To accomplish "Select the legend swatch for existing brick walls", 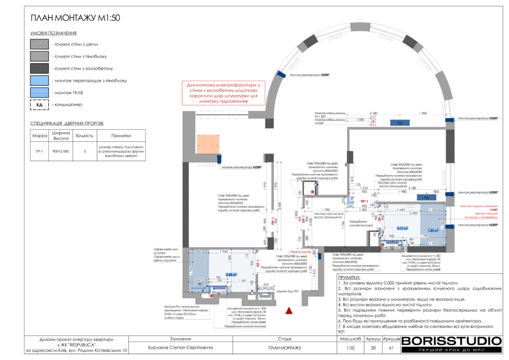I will [x=40, y=44].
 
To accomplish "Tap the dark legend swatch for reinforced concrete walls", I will [x=40, y=68].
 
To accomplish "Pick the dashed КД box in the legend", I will [x=40, y=105].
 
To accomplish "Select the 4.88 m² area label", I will [x=231, y=274].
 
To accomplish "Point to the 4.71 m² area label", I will [x=403, y=229].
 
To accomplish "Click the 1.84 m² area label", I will [x=431, y=230].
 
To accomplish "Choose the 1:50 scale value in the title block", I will [x=351, y=348].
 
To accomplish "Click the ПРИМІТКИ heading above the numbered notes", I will [x=349, y=277].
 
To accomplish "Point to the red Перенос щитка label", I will [x=300, y=252].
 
